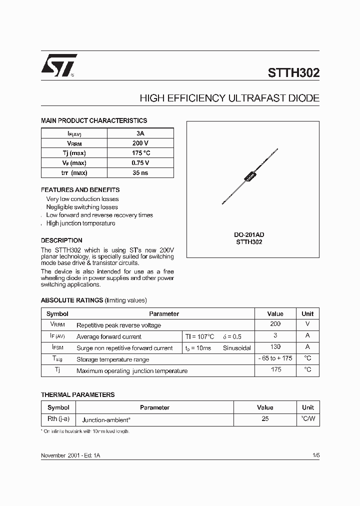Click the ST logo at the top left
tap(58, 65)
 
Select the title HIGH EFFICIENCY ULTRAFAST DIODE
tap(229, 98)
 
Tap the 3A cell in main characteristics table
tap(140, 133)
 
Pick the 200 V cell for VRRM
tap(140, 143)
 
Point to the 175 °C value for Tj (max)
tap(140, 153)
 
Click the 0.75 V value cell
tap(140, 163)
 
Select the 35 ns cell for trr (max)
tap(140, 173)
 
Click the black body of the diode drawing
tap(248, 177)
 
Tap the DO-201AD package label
tap(249, 234)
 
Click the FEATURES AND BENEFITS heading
tap(80, 190)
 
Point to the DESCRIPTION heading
tap(61, 240)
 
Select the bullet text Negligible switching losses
tap(82, 207)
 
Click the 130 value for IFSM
tap(275, 347)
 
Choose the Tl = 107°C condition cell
tap(199, 336)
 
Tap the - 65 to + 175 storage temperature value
tap(275, 358)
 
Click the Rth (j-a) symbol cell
tap(58, 419)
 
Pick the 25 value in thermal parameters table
tap(265, 419)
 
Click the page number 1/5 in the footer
tap(315, 456)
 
